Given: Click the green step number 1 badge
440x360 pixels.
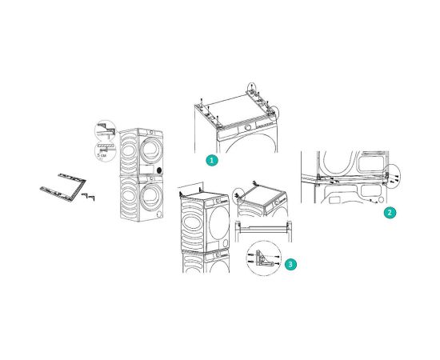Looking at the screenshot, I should click(x=211, y=160).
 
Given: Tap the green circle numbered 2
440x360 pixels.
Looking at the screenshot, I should click(x=389, y=213).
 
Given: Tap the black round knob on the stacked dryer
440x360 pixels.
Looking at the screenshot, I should click(x=159, y=170).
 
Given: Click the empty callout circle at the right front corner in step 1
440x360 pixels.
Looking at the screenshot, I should click(x=275, y=112).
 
